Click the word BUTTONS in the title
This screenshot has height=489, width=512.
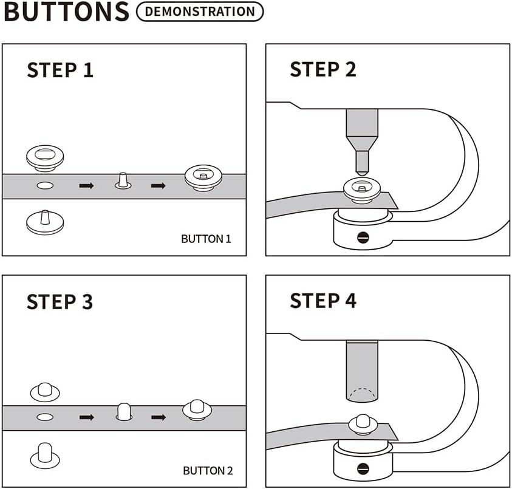tap(66, 12)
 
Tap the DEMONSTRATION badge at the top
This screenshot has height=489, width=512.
tap(200, 12)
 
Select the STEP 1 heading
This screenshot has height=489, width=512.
tap(60, 70)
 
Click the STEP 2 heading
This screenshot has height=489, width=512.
tap(323, 69)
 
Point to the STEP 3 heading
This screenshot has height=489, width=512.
tap(60, 301)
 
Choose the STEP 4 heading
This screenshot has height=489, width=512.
tap(323, 301)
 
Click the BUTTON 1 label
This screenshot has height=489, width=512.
tap(206, 239)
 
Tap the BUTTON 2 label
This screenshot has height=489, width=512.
tap(208, 470)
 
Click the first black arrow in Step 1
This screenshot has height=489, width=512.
tap(86, 185)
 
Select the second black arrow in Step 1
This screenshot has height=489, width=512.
tap(158, 185)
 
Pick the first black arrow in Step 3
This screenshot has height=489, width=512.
tap(86, 417)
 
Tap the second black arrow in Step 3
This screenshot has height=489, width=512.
tap(158, 417)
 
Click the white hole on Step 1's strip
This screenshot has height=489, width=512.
tap(46, 185)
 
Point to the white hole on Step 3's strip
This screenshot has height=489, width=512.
tap(46, 417)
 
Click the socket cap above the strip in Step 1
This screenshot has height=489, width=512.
tap(46, 157)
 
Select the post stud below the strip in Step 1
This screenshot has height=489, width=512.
tap(46, 222)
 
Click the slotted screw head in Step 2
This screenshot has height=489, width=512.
tap(363, 237)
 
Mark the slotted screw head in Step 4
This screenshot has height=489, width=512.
tap(363, 468)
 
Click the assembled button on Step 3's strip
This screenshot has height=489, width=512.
tap(197, 410)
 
